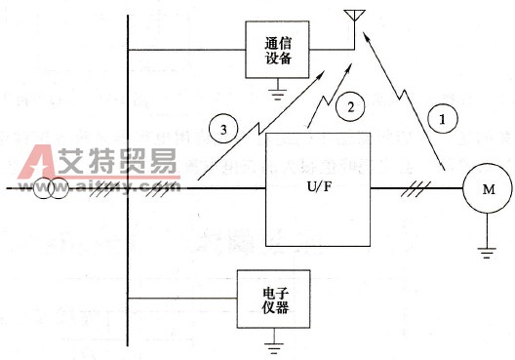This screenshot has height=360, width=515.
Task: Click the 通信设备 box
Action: click(x=278, y=51)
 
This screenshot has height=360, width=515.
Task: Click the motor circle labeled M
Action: click(x=485, y=188)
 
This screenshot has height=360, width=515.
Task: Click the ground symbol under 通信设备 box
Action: click(x=278, y=96)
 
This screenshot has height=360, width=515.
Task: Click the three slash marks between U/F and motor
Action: click(x=406, y=188)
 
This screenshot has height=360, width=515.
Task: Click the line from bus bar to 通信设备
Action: click(x=185, y=50)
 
